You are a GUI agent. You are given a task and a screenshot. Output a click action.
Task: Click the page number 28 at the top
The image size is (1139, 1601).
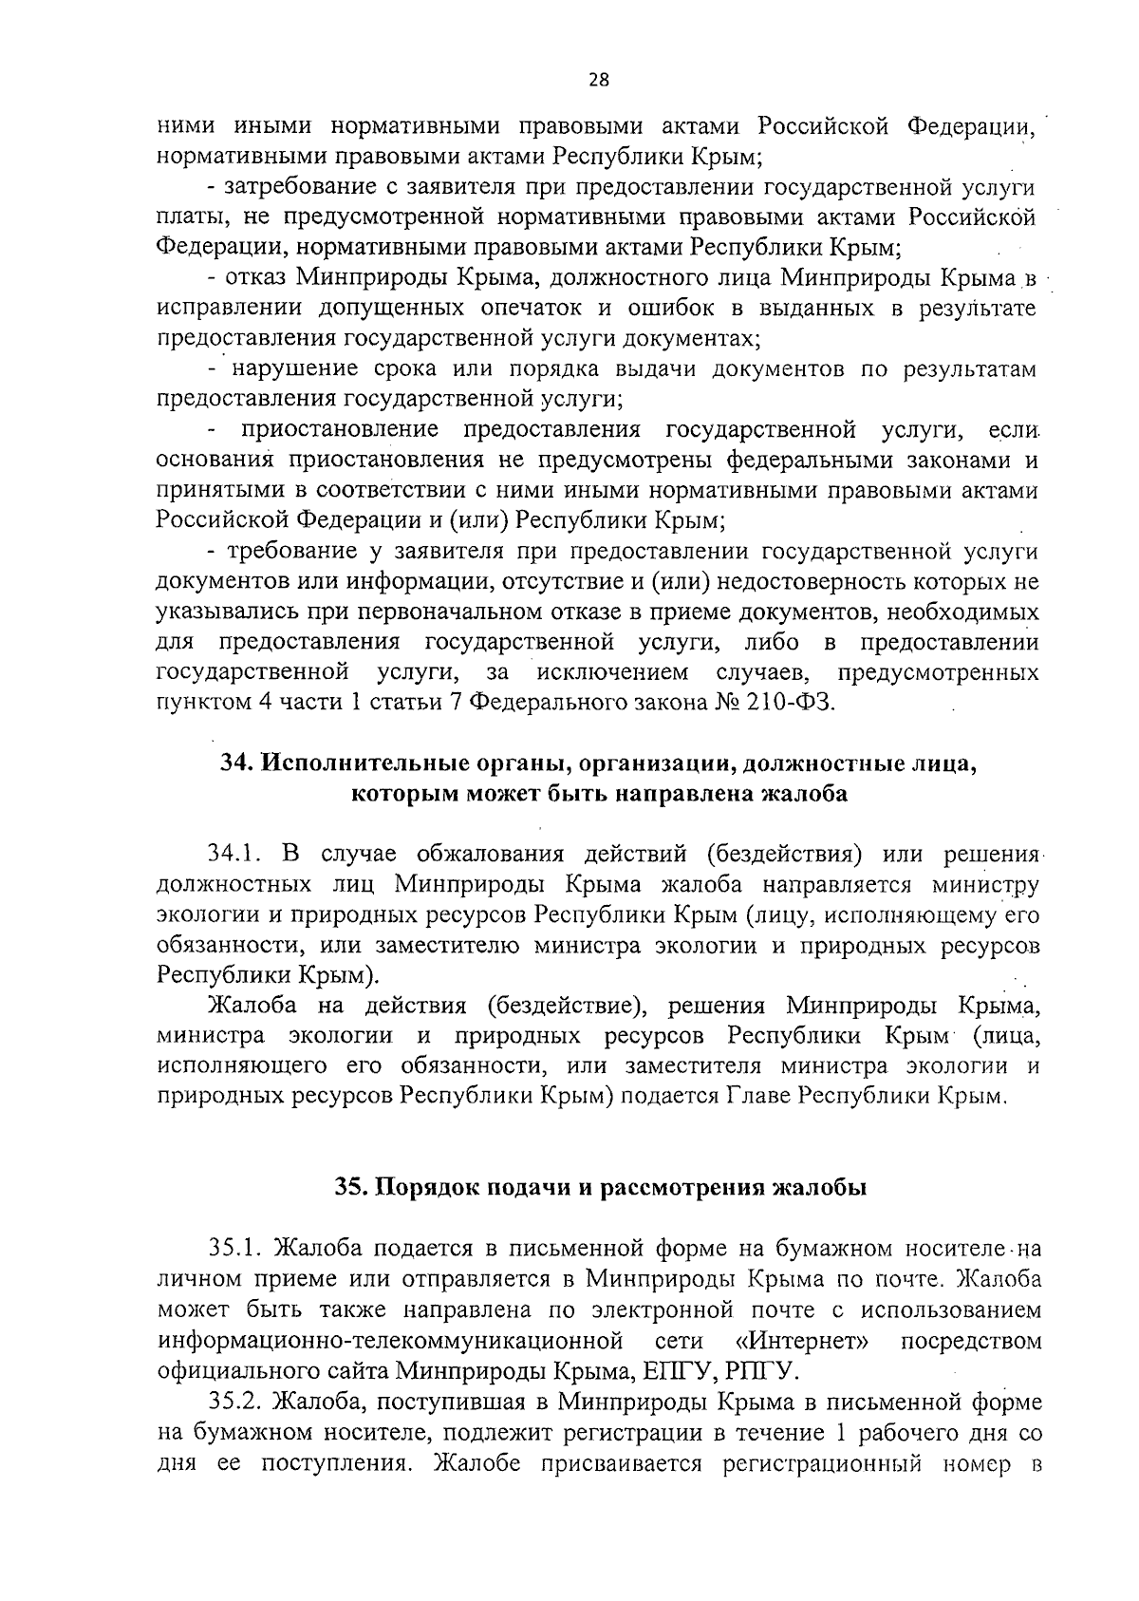click(x=598, y=81)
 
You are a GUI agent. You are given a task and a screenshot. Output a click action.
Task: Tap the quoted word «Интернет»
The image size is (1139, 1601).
click(x=803, y=1340)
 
